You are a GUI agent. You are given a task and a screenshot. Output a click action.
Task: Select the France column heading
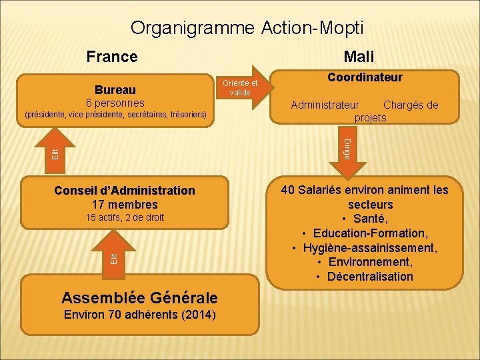(112, 57)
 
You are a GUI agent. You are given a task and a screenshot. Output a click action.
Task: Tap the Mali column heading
(359, 57)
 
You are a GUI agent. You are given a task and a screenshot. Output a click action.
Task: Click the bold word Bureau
(115, 89)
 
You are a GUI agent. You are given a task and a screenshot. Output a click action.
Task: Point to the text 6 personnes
(115, 103)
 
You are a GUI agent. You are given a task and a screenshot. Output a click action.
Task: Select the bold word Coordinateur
(365, 77)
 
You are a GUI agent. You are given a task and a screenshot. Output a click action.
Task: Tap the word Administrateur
(325, 105)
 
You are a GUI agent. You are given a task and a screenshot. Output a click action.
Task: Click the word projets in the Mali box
(371, 117)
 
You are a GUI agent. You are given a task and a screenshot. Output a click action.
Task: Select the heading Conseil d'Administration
(125, 191)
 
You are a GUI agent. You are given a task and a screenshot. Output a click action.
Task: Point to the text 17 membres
(125, 205)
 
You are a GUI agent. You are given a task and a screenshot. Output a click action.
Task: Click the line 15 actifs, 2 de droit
(125, 218)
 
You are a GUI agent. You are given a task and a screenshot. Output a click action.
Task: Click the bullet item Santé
(370, 219)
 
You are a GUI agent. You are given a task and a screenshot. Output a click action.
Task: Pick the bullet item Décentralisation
(370, 277)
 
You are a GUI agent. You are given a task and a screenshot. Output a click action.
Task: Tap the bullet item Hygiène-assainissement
(370, 248)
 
